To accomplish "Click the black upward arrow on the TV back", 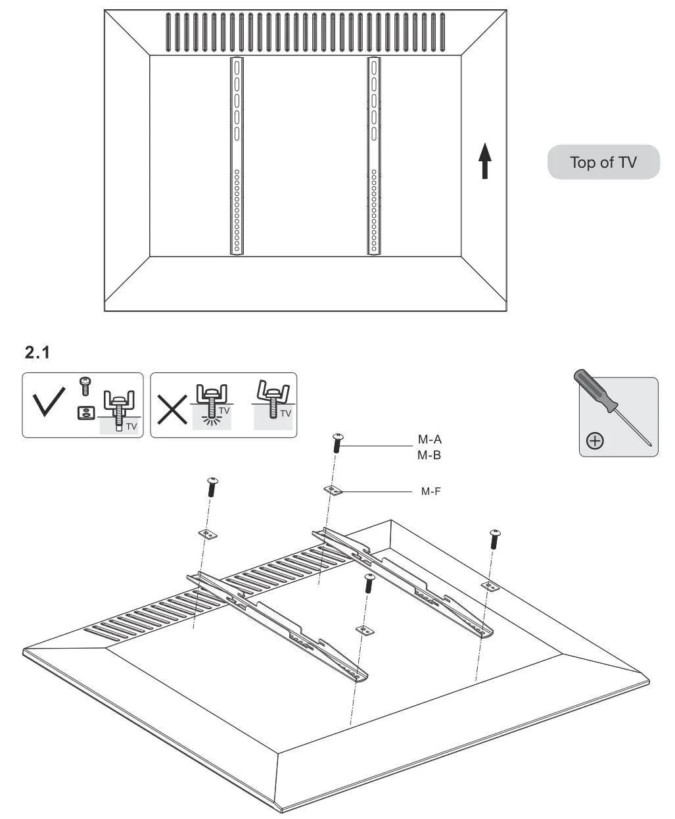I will point(484,161).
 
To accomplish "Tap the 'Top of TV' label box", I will point(603,162).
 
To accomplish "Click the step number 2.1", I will point(37,353).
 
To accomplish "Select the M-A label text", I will point(430,440).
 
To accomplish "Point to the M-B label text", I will point(430,455).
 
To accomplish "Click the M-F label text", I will point(431,491).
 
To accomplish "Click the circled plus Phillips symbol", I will point(594,441).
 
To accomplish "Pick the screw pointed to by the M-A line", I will point(338,442).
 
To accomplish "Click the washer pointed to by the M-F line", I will point(334,491).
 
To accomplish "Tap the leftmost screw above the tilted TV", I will point(212,487).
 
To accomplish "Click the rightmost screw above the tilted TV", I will point(494,539).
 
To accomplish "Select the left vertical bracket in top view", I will point(236,156).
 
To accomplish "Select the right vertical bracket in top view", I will point(374,156).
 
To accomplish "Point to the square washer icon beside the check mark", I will point(83,413).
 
